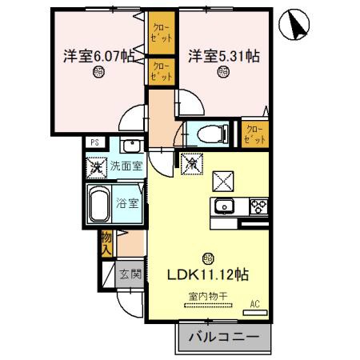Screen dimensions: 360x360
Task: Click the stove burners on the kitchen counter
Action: point(260,206)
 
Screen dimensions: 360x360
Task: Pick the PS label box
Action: point(95,143)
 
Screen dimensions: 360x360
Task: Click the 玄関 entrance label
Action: point(130,274)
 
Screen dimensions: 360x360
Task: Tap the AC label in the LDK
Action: point(255,303)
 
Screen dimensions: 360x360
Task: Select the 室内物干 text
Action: point(207,297)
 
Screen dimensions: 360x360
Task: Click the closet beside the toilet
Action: point(254,132)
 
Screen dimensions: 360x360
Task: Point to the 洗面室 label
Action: point(126,166)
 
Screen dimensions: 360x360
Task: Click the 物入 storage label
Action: point(106,242)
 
